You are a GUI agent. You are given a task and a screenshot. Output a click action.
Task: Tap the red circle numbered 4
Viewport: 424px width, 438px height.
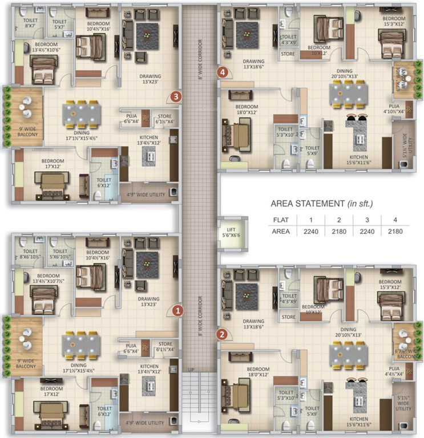click(223, 72)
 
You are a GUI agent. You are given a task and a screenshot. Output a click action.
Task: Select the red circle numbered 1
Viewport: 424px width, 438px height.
click(177, 311)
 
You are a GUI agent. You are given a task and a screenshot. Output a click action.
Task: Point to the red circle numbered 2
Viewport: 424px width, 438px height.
click(223, 335)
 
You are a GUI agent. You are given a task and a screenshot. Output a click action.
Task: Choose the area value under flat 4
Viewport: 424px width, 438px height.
click(395, 232)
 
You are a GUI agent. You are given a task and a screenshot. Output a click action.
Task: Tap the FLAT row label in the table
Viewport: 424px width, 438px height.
click(280, 220)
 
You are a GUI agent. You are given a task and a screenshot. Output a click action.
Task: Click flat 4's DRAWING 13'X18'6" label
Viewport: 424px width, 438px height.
click(254, 64)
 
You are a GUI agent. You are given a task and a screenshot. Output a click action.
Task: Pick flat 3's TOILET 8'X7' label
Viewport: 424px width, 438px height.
click(30, 24)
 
